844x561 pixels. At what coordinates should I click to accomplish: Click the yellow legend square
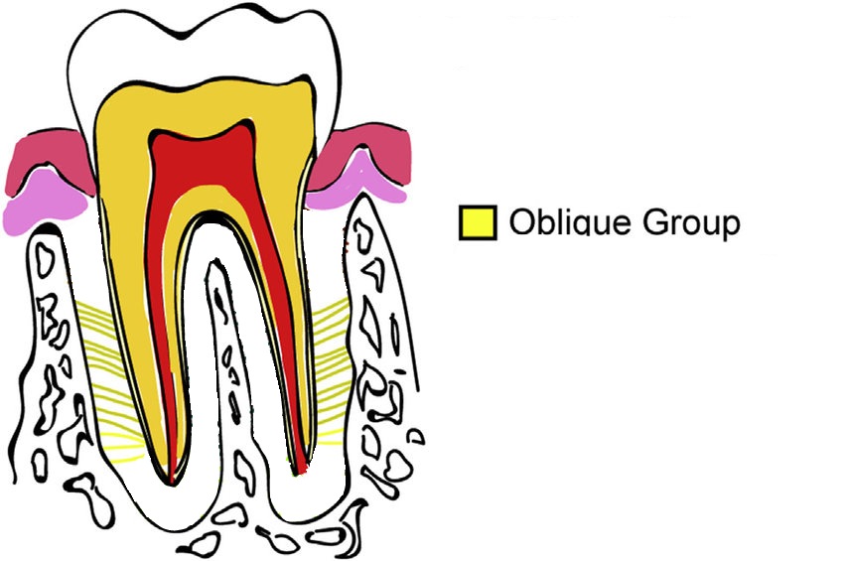click(477, 222)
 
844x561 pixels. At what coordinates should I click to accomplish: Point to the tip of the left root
click(172, 481)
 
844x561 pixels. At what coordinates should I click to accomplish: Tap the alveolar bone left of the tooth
click(50, 348)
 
